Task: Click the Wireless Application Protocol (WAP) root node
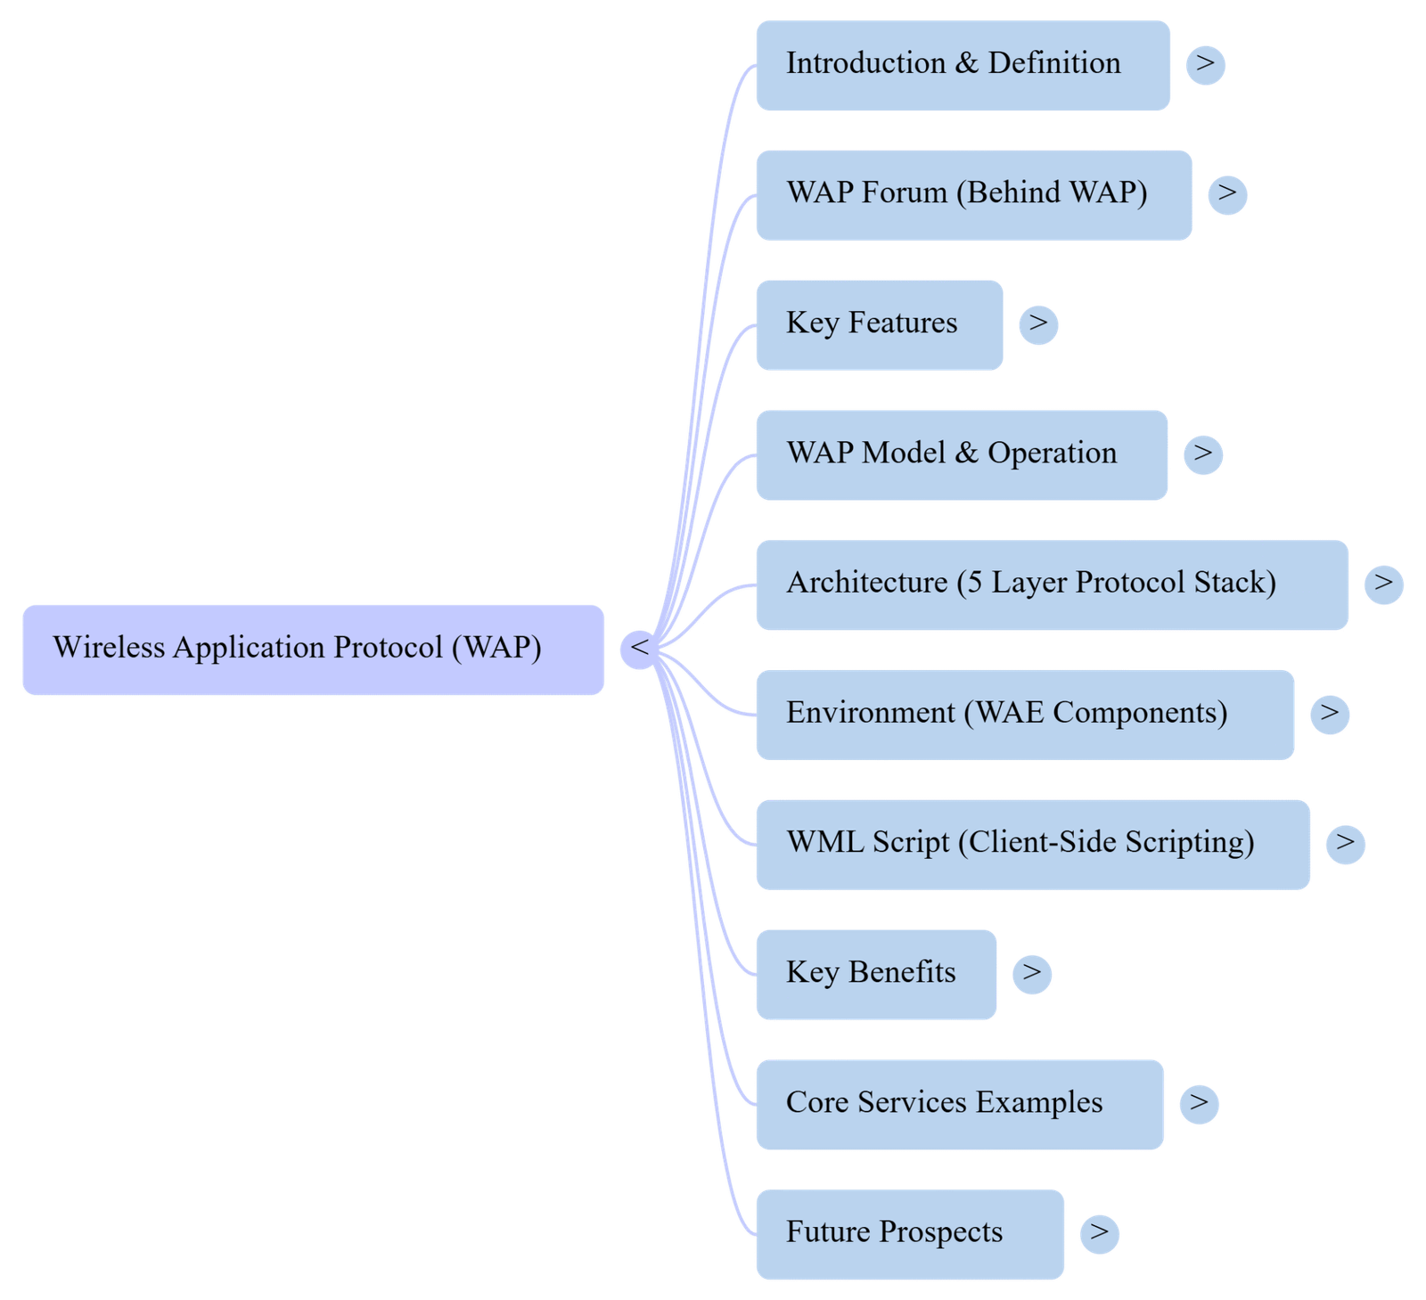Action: click(x=313, y=649)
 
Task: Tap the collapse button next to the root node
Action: click(x=639, y=648)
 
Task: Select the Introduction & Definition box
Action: click(x=963, y=65)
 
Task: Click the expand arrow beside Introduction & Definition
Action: click(x=1205, y=64)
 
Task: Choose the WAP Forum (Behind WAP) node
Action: click(x=973, y=194)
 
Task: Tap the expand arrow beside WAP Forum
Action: click(x=1227, y=193)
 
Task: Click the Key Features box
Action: click(x=879, y=324)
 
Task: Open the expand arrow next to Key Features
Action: click(x=1038, y=323)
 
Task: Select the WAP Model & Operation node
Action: click(x=962, y=454)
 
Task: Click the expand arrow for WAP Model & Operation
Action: click(x=1203, y=454)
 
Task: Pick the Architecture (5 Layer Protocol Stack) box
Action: click(x=1052, y=585)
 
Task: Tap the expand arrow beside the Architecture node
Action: click(x=1383, y=584)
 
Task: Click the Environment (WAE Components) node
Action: click(x=1025, y=715)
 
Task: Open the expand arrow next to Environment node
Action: click(x=1329, y=714)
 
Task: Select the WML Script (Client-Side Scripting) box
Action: click(x=1033, y=844)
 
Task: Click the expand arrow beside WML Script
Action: click(x=1345, y=843)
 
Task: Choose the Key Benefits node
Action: click(x=875, y=974)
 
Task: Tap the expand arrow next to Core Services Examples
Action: click(x=1199, y=1103)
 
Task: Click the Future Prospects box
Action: click(x=910, y=1233)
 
